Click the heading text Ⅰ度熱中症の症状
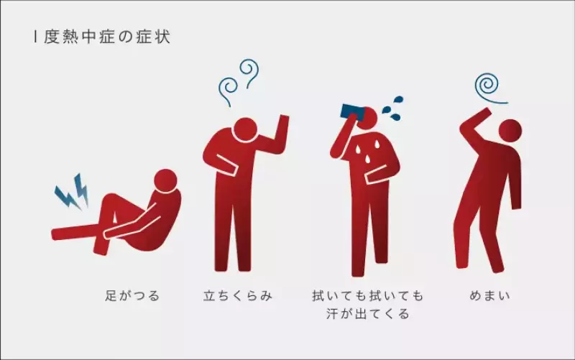(x=101, y=37)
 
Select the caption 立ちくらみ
(x=238, y=295)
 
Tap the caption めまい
(x=488, y=295)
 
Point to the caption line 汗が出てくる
(x=367, y=314)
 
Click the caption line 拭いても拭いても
(x=367, y=295)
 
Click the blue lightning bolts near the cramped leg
(x=72, y=193)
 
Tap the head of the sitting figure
(x=166, y=180)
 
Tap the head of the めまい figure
(x=510, y=130)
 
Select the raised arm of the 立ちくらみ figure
(x=277, y=137)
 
